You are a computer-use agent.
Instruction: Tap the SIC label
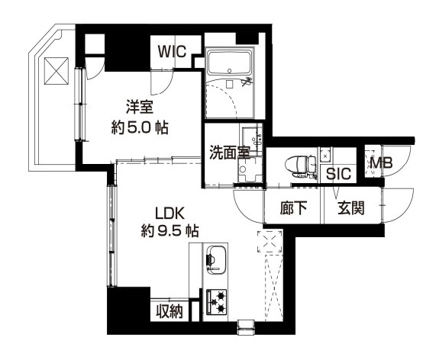coord(338,173)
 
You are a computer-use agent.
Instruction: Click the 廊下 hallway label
coord(295,207)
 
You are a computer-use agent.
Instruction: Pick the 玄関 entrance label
coord(350,207)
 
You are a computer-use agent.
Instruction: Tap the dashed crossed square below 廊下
coord(270,243)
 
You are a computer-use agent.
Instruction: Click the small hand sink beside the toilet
coord(325,155)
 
